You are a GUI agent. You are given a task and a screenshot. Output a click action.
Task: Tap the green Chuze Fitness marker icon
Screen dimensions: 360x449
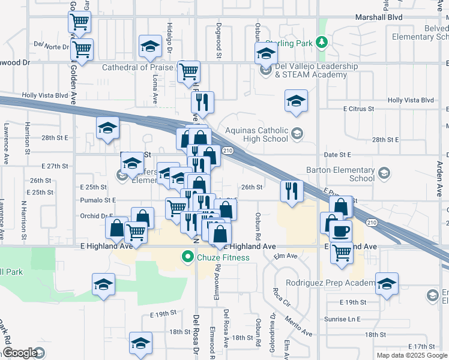[x=188, y=258]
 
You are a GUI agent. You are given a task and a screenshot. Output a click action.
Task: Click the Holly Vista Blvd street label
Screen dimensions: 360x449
[x=45, y=95]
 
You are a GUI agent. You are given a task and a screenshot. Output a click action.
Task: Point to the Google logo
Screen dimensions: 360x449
[x=19, y=353]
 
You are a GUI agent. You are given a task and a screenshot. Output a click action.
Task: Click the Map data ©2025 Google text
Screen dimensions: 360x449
[x=412, y=355]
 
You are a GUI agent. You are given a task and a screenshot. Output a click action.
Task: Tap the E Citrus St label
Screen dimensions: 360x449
[x=358, y=109]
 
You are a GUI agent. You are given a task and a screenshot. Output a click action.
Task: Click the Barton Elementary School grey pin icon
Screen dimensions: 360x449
[x=385, y=174]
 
